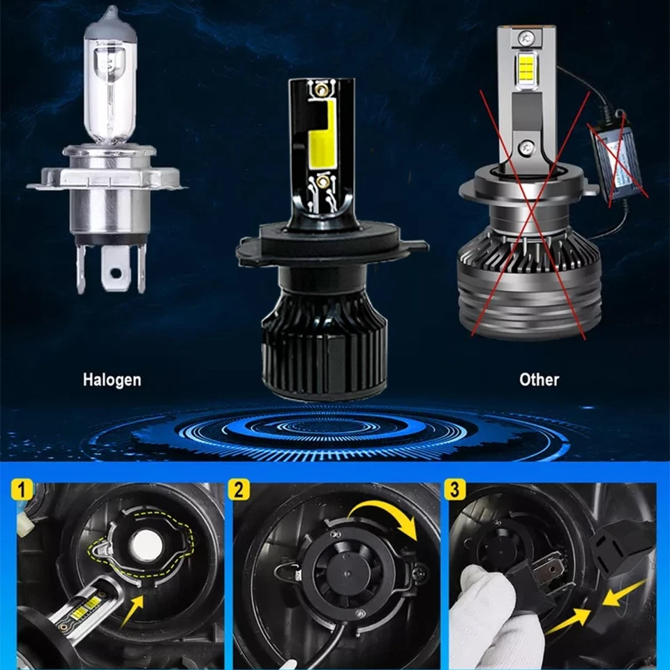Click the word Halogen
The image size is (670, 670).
point(112,380)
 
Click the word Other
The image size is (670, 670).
point(539,380)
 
